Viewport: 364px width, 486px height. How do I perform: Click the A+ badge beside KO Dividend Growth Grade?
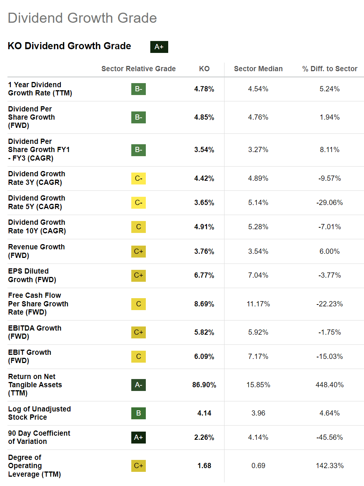point(159,47)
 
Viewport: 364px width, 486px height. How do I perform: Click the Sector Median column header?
point(258,69)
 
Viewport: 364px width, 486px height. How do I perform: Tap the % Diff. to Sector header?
point(330,69)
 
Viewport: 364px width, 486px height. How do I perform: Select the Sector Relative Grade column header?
point(138,69)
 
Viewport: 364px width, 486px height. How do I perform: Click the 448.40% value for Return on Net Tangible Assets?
point(329,385)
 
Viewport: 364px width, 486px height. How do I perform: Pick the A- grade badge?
point(138,385)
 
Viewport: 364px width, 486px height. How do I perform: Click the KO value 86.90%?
point(204,385)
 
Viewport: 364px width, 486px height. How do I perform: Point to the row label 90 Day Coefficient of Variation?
point(39,437)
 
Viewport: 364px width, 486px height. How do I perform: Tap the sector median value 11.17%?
point(258,304)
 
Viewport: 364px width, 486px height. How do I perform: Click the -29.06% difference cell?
point(329,203)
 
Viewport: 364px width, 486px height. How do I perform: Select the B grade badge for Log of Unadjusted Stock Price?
point(138,413)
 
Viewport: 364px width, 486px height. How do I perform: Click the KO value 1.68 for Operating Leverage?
point(204,466)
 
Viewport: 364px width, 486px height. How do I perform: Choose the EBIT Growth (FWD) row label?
point(30,356)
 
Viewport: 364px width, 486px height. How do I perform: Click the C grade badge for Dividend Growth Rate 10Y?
point(138,227)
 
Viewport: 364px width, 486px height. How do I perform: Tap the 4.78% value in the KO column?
point(204,89)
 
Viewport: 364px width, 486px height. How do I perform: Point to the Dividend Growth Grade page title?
point(82,18)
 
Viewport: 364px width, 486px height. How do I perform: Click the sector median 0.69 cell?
point(258,466)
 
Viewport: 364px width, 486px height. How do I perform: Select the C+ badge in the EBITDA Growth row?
point(138,332)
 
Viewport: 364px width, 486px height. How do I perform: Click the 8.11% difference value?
point(329,150)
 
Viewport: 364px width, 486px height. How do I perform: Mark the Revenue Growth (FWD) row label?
point(37,251)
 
